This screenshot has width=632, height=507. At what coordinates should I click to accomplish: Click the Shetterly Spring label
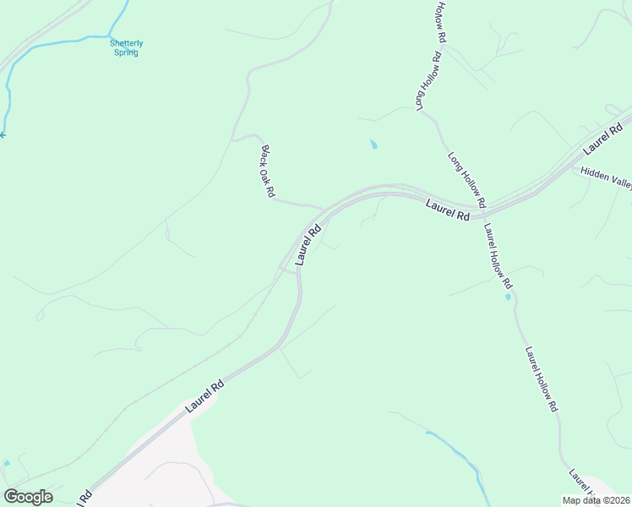tap(125, 47)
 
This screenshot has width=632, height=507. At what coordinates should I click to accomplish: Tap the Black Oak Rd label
tap(267, 172)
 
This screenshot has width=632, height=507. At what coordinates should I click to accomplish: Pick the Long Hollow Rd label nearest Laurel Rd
tap(466, 181)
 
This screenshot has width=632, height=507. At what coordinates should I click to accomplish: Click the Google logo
tap(28, 496)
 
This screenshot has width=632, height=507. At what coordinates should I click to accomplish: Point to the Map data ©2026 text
tap(596, 500)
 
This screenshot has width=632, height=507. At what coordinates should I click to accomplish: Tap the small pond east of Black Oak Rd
tap(373, 144)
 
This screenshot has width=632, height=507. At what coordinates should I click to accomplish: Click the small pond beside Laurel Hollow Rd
tap(507, 297)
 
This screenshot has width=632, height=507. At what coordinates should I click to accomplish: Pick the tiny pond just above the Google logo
tap(7, 464)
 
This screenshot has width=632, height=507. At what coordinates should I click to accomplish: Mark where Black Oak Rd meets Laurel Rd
tap(324, 208)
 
